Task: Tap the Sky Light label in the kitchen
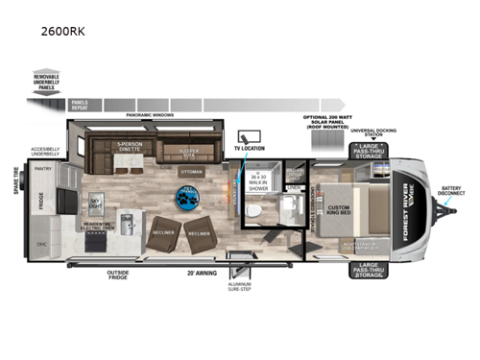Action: point(95,204)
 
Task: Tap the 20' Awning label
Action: point(195,273)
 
